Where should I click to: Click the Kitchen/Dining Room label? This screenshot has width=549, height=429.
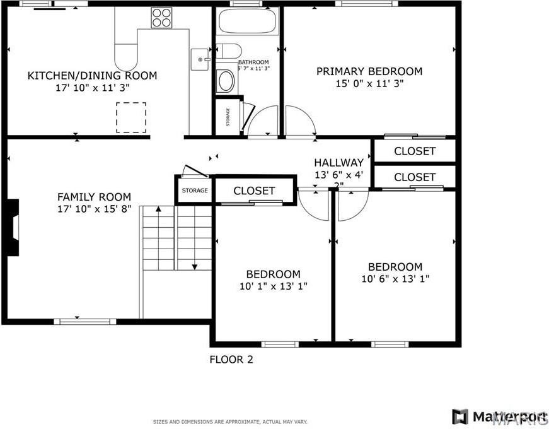[92, 76]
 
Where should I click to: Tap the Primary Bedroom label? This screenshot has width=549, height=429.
[369, 71]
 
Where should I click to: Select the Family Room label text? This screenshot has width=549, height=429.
[94, 197]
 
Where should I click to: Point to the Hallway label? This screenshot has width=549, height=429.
[339, 162]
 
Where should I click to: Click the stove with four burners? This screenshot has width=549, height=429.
[161, 17]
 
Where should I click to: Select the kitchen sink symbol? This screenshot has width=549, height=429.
[201, 59]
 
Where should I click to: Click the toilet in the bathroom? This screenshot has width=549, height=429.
[231, 50]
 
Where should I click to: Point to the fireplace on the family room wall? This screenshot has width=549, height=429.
[13, 227]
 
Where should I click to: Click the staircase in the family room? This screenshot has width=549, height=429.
[176, 238]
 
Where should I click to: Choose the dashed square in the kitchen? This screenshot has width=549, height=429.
[131, 117]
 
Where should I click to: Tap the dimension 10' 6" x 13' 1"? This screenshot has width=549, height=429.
[395, 278]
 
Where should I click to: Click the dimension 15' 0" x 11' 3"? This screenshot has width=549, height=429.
[369, 83]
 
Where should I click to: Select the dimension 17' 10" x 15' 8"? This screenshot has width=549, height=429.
[94, 208]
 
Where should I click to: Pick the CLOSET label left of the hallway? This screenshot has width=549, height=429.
[254, 191]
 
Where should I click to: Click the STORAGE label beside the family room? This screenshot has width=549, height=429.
[195, 191]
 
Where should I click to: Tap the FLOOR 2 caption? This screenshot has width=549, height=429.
[231, 360]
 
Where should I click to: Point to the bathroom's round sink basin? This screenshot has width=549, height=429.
[225, 81]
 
